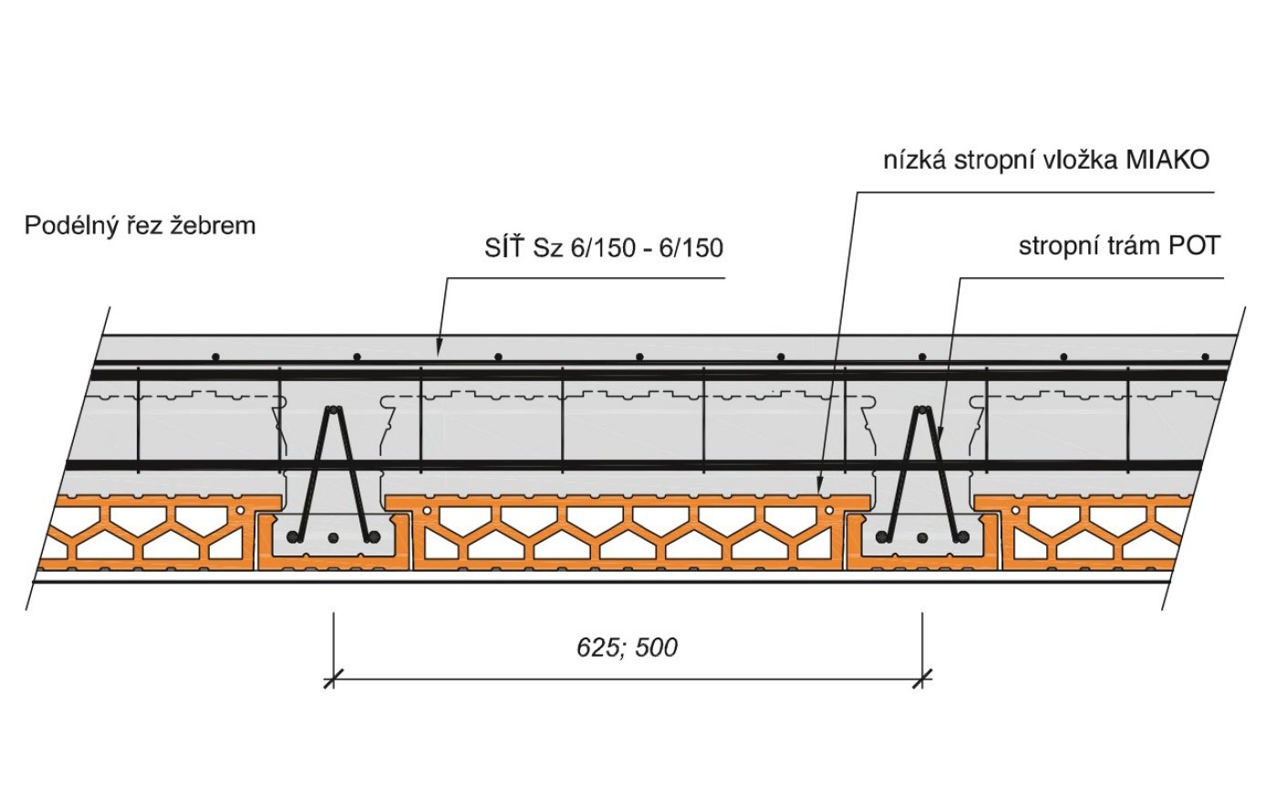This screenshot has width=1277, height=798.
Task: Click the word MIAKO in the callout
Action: tap(1168, 160)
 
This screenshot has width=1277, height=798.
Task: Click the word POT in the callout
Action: tap(1194, 245)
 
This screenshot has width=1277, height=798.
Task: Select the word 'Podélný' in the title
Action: tap(70, 225)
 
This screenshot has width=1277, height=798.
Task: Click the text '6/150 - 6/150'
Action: tap(647, 247)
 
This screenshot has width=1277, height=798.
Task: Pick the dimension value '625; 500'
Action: tap(628, 648)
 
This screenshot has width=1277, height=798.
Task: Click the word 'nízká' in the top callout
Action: tap(915, 161)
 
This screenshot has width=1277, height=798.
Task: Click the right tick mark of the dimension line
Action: tap(923, 679)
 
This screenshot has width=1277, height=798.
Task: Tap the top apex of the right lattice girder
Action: tap(922, 410)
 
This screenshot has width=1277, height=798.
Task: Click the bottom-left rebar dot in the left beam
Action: tap(295, 536)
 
